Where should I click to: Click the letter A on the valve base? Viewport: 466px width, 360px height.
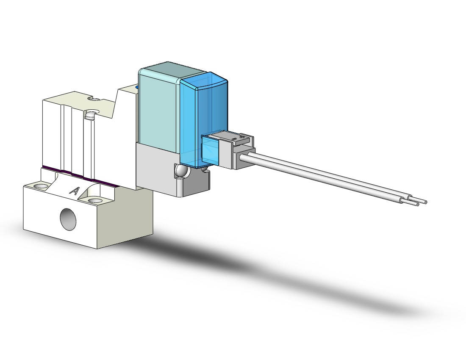coord(74,191)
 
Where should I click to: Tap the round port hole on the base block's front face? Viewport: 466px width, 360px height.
coord(68,219)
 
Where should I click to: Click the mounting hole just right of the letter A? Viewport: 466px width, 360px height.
coord(94,201)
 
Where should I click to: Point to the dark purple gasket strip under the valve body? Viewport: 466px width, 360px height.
coord(80,175)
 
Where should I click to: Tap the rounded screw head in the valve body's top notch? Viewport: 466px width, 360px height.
coord(90,114)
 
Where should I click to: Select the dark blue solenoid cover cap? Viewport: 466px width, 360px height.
coord(204,119)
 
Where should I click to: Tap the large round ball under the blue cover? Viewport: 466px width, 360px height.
coord(181,171)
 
